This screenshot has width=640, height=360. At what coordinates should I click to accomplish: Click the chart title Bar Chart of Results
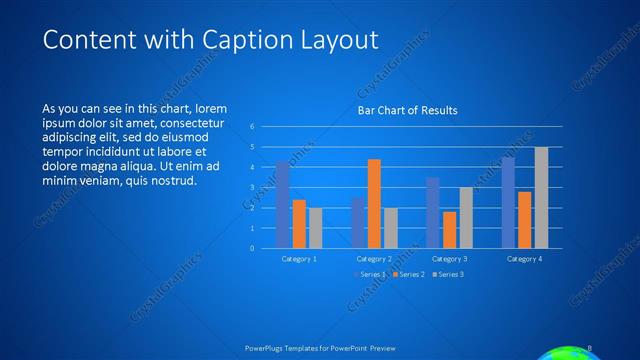tap(408, 111)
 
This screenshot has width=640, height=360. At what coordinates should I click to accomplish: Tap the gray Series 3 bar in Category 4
tap(541, 197)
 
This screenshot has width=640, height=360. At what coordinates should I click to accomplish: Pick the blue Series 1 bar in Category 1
tap(283, 205)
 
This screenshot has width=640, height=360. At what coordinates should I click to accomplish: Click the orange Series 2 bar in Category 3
tap(449, 229)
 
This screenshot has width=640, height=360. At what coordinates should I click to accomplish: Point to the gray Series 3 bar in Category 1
tap(315, 227)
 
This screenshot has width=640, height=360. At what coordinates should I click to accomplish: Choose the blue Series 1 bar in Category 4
tap(508, 202)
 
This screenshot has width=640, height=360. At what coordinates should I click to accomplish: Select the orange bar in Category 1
tap(299, 223)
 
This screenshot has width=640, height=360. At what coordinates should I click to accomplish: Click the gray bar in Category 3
tap(466, 217)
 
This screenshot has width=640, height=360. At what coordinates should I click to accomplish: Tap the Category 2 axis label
tap(374, 259)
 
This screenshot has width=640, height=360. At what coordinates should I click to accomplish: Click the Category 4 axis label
tap(524, 259)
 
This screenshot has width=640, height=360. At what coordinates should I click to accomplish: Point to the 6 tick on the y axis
tap(253, 127)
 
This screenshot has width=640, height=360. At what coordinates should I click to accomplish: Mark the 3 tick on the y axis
tap(253, 188)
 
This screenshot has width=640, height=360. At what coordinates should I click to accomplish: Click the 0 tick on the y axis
tap(253, 248)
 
